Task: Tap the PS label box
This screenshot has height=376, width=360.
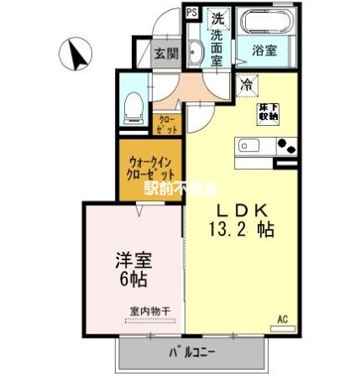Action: point(192,13)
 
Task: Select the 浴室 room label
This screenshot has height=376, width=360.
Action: point(269,52)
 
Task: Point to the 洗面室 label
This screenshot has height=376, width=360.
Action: point(218,47)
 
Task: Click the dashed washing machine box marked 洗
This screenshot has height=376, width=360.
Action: point(218,18)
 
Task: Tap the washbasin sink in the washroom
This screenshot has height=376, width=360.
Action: point(194,52)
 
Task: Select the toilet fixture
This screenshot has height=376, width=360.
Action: point(133,102)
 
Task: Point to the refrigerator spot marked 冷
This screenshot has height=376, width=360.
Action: point(246,84)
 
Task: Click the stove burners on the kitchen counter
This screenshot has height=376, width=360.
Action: point(286,146)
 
